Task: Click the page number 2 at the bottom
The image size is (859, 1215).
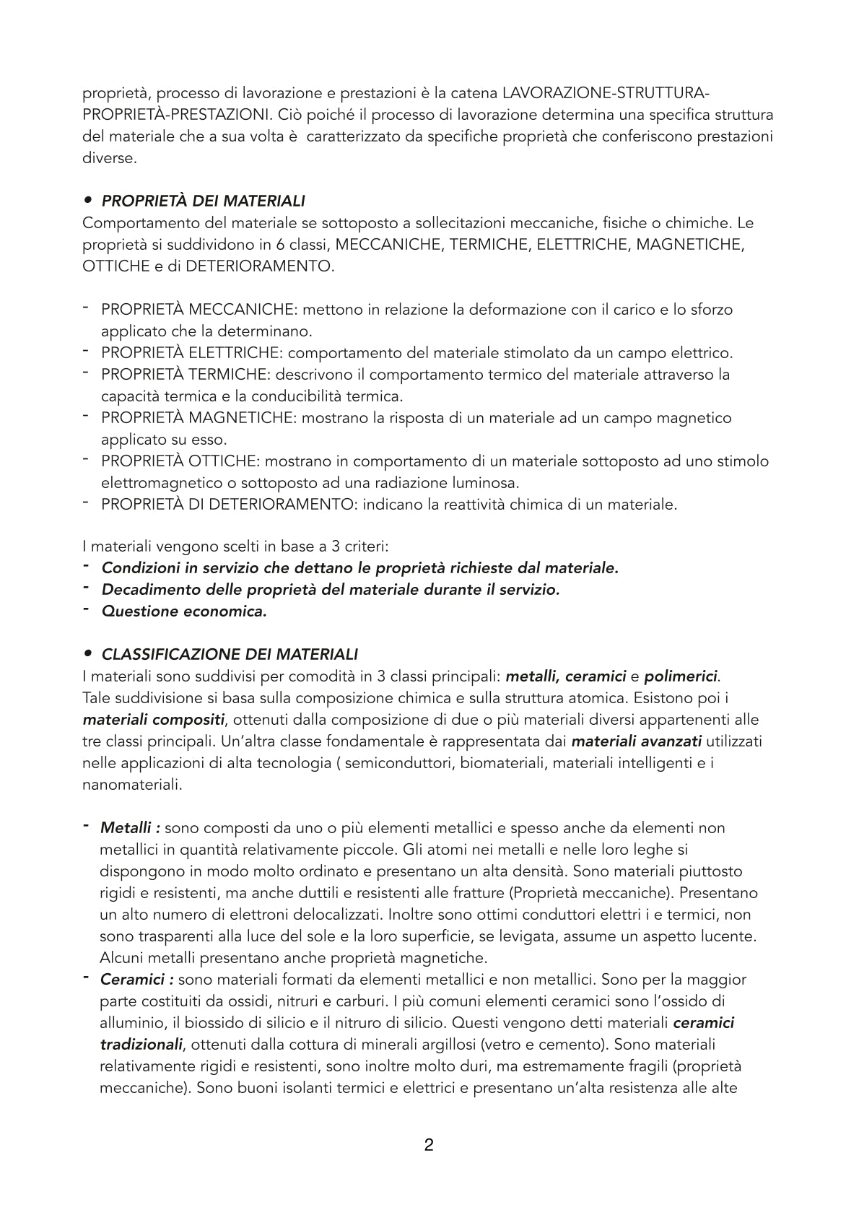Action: pos(429,1145)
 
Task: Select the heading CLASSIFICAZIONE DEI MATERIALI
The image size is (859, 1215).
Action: pos(230,655)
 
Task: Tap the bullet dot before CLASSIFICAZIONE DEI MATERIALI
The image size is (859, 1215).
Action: pos(88,654)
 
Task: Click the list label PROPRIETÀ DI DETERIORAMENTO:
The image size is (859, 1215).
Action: pos(230,505)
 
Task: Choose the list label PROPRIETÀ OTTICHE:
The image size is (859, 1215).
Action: pos(180,461)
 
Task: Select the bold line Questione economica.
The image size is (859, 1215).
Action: pos(184,611)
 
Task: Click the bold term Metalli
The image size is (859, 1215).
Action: pos(126,828)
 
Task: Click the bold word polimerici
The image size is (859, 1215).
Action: pos(681,676)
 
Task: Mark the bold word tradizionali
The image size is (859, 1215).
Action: pos(141,1045)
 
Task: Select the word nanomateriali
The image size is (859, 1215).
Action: pos(132,785)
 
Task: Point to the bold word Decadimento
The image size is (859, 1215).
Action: pos(149,590)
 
